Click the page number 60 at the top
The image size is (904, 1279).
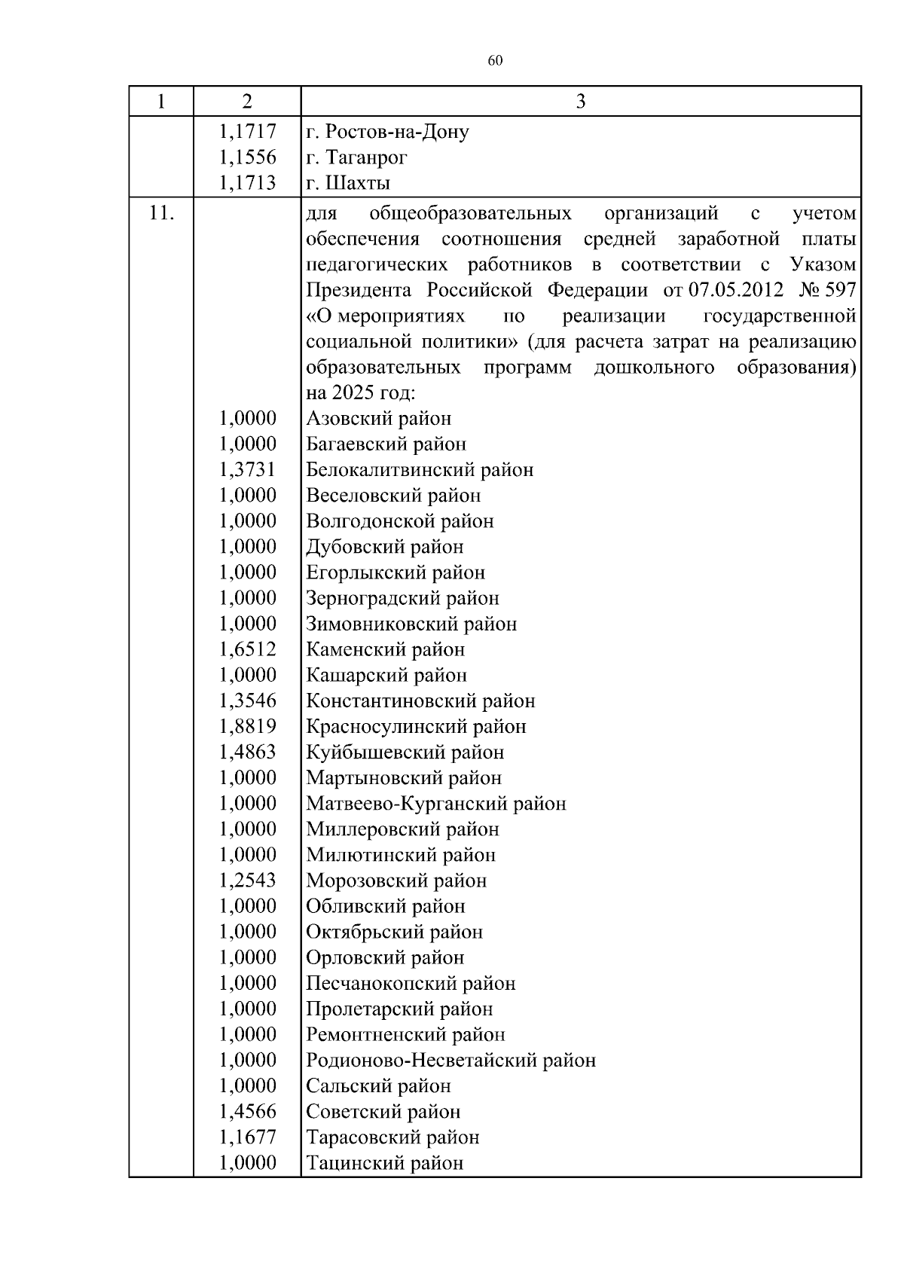(x=495, y=61)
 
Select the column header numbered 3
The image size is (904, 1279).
(x=580, y=102)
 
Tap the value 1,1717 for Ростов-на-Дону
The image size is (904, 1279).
(x=247, y=132)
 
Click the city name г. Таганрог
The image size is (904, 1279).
(x=357, y=157)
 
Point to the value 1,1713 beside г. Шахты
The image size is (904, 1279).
(x=247, y=183)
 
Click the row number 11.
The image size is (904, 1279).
(x=161, y=214)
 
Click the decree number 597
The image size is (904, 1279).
(x=840, y=291)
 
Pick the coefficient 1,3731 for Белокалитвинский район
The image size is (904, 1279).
(x=247, y=470)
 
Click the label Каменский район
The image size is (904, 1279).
(x=386, y=649)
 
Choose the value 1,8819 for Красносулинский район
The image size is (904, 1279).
(x=247, y=726)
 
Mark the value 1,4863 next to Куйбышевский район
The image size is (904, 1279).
(x=247, y=752)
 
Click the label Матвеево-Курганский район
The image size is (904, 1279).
(x=436, y=804)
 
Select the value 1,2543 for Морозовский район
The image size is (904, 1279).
(x=247, y=881)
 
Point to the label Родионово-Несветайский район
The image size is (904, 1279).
(x=450, y=1060)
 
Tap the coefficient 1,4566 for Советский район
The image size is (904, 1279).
(x=247, y=1111)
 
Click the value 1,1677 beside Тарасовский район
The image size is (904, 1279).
(x=247, y=1137)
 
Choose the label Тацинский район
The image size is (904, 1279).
(x=384, y=1163)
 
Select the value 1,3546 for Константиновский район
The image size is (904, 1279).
(x=247, y=701)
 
